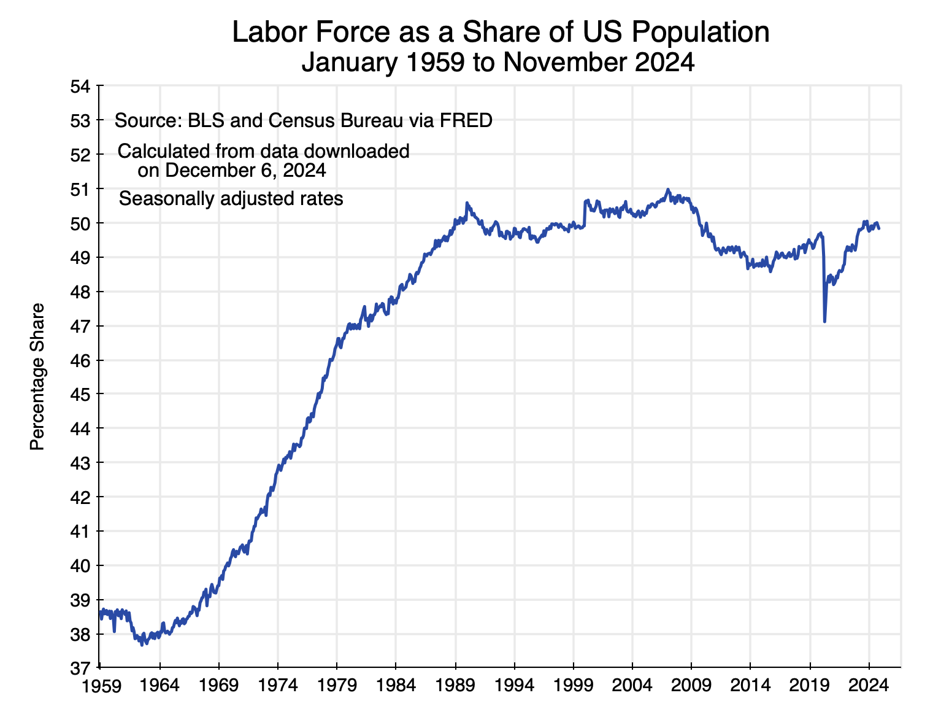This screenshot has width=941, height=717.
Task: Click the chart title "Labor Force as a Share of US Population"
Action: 501,32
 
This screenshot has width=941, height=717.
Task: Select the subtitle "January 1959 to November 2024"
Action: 497,63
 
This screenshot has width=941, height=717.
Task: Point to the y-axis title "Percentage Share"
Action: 38,376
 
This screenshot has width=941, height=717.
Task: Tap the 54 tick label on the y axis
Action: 80,87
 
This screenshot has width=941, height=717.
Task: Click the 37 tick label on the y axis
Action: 80,668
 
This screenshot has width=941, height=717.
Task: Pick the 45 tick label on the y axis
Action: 80,394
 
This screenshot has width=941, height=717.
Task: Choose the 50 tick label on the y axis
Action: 80,223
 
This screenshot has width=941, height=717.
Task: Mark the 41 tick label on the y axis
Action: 80,531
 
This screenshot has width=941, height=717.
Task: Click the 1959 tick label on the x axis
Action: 100,685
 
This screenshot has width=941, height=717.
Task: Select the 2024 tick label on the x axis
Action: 869,685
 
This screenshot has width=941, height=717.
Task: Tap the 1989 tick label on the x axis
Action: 455,685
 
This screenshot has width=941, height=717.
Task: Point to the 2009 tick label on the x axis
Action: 691,685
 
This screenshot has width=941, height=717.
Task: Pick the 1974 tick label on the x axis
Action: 277,685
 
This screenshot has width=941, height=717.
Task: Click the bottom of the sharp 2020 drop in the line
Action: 824,321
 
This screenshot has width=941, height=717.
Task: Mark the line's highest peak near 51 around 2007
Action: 668,190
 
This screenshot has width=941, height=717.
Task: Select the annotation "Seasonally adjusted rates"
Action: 231,199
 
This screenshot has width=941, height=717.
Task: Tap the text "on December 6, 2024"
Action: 231,170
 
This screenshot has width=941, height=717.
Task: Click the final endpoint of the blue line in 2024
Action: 879,228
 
